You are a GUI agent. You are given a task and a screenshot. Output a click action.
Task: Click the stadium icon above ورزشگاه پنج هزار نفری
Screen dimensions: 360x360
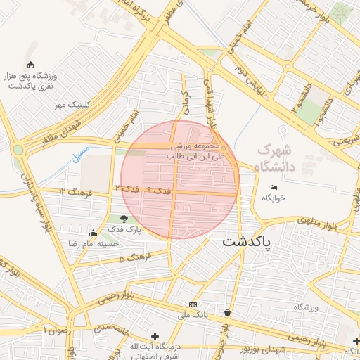(x=30, y=65)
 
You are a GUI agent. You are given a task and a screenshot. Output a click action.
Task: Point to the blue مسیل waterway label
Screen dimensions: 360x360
(x=82, y=153)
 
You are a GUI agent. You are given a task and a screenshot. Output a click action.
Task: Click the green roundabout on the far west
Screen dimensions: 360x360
(x=17, y=150)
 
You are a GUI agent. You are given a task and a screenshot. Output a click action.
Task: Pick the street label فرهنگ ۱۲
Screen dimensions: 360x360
(x=72, y=191)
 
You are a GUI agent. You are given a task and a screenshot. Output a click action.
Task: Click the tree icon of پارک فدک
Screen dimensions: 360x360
(x=124, y=219)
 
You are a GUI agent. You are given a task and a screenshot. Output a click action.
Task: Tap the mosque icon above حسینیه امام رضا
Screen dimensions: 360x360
(x=93, y=233)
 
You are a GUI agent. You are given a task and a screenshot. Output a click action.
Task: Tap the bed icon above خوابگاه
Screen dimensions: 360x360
(x=274, y=187)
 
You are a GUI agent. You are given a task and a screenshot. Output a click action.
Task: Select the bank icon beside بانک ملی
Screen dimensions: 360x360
(x=193, y=304)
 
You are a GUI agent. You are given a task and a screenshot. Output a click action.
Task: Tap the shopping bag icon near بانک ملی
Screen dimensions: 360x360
(x=227, y=312)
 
